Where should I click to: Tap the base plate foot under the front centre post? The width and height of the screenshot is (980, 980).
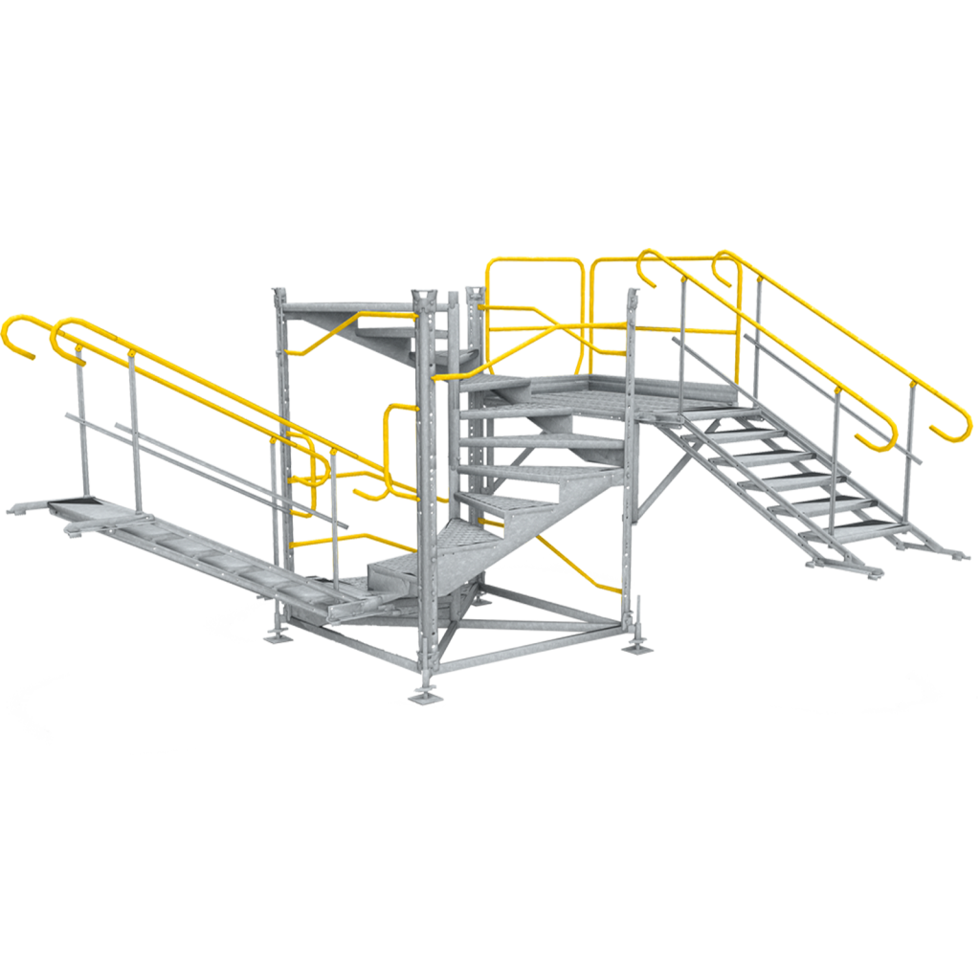pos(424,695)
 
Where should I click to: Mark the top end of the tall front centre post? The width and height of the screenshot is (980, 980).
pos(424,295)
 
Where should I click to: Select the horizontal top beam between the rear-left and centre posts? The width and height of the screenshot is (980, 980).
pos(349,305)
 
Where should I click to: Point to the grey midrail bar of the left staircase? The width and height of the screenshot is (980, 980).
pos(191,450)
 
